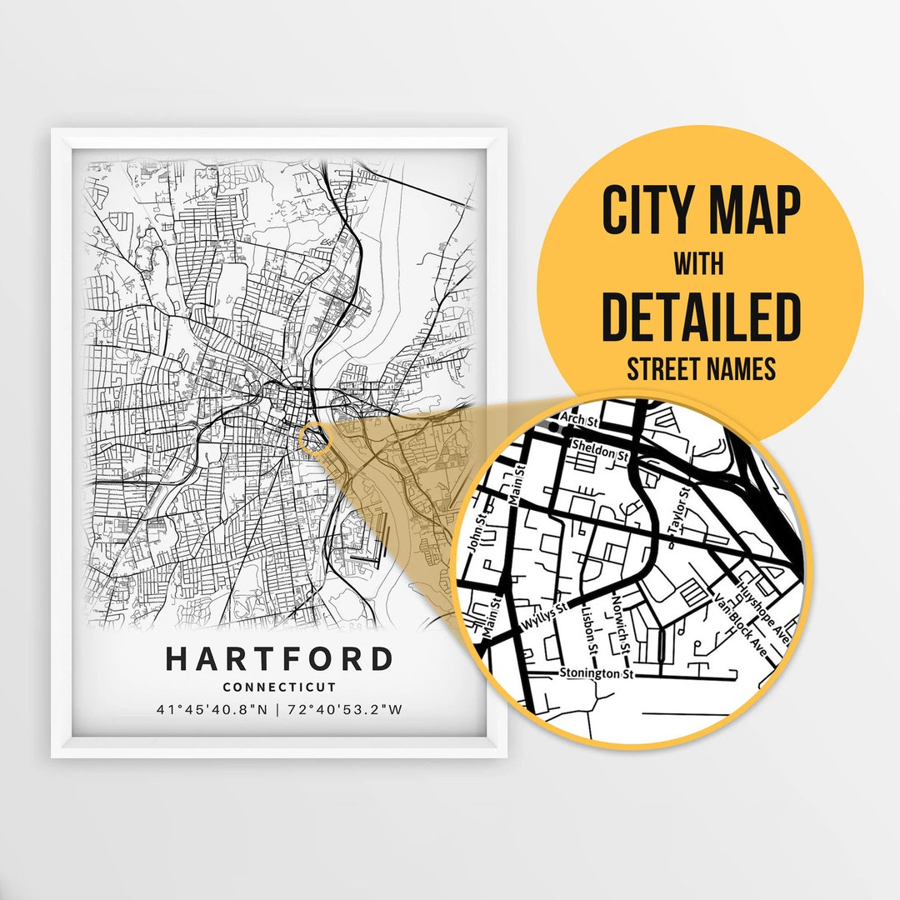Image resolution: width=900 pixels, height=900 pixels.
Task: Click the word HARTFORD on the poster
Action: [x=279, y=658]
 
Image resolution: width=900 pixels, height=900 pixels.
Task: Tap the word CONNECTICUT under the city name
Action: [x=279, y=687]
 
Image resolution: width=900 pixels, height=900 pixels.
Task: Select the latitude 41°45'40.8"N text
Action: [x=211, y=710]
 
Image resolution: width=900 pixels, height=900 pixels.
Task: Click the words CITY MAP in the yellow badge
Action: [x=700, y=212]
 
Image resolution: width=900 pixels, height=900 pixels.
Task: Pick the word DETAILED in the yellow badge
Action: [x=700, y=317]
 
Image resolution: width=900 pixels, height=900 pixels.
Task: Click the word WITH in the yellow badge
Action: [x=700, y=264]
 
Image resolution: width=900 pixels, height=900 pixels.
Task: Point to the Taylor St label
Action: [x=677, y=509]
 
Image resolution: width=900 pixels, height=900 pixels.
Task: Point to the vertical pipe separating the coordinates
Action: [x=279, y=710]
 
